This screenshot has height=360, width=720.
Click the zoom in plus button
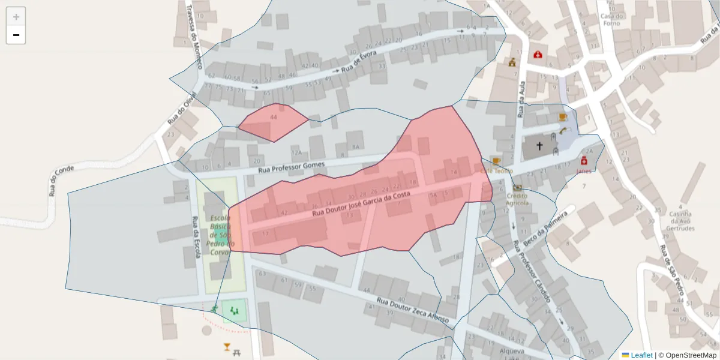[x=16, y=17]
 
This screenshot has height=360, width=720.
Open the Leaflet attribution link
[x=641, y=355]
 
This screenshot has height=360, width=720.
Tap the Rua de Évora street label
[x=359, y=62]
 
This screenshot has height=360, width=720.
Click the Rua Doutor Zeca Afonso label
[x=413, y=310]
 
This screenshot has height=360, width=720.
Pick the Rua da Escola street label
[x=196, y=237]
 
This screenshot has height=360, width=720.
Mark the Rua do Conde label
[x=62, y=181]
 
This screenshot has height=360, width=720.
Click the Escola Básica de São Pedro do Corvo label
[x=221, y=235]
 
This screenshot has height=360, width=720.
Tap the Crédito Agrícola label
[x=517, y=199]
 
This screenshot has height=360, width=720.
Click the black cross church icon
[x=539, y=146]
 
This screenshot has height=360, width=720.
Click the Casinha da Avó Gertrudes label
[x=681, y=221]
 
